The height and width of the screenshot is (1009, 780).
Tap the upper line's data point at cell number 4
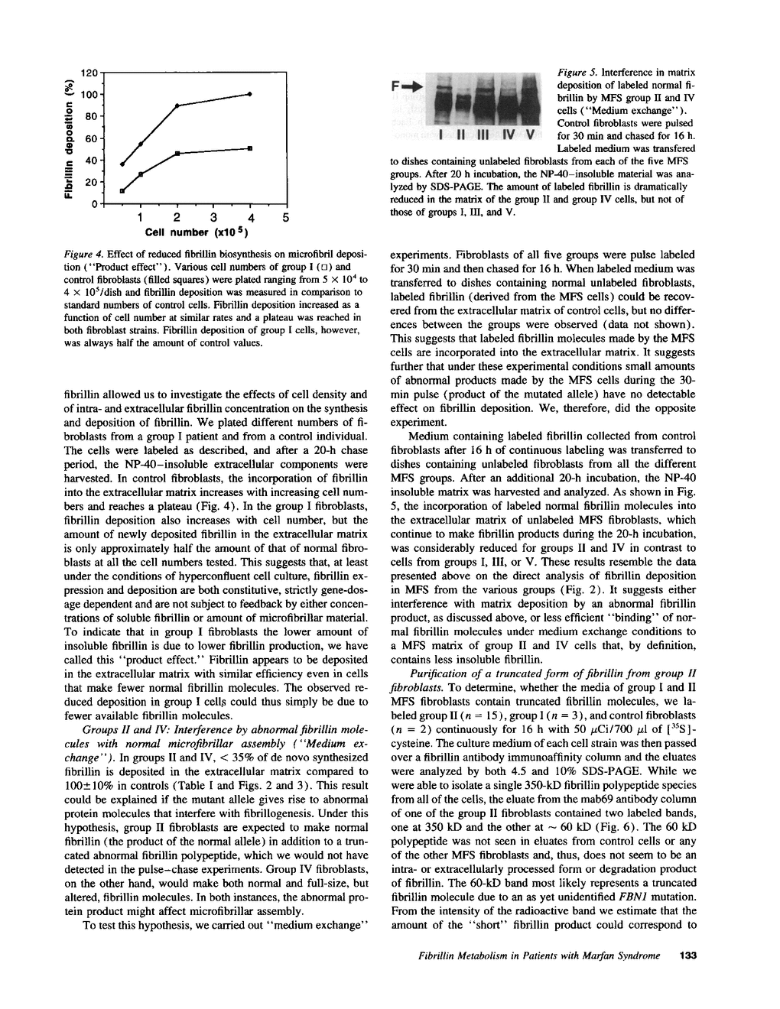(250, 94)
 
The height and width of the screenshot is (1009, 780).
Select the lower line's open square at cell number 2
(177, 154)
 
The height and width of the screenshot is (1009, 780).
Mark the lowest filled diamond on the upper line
(122, 164)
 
